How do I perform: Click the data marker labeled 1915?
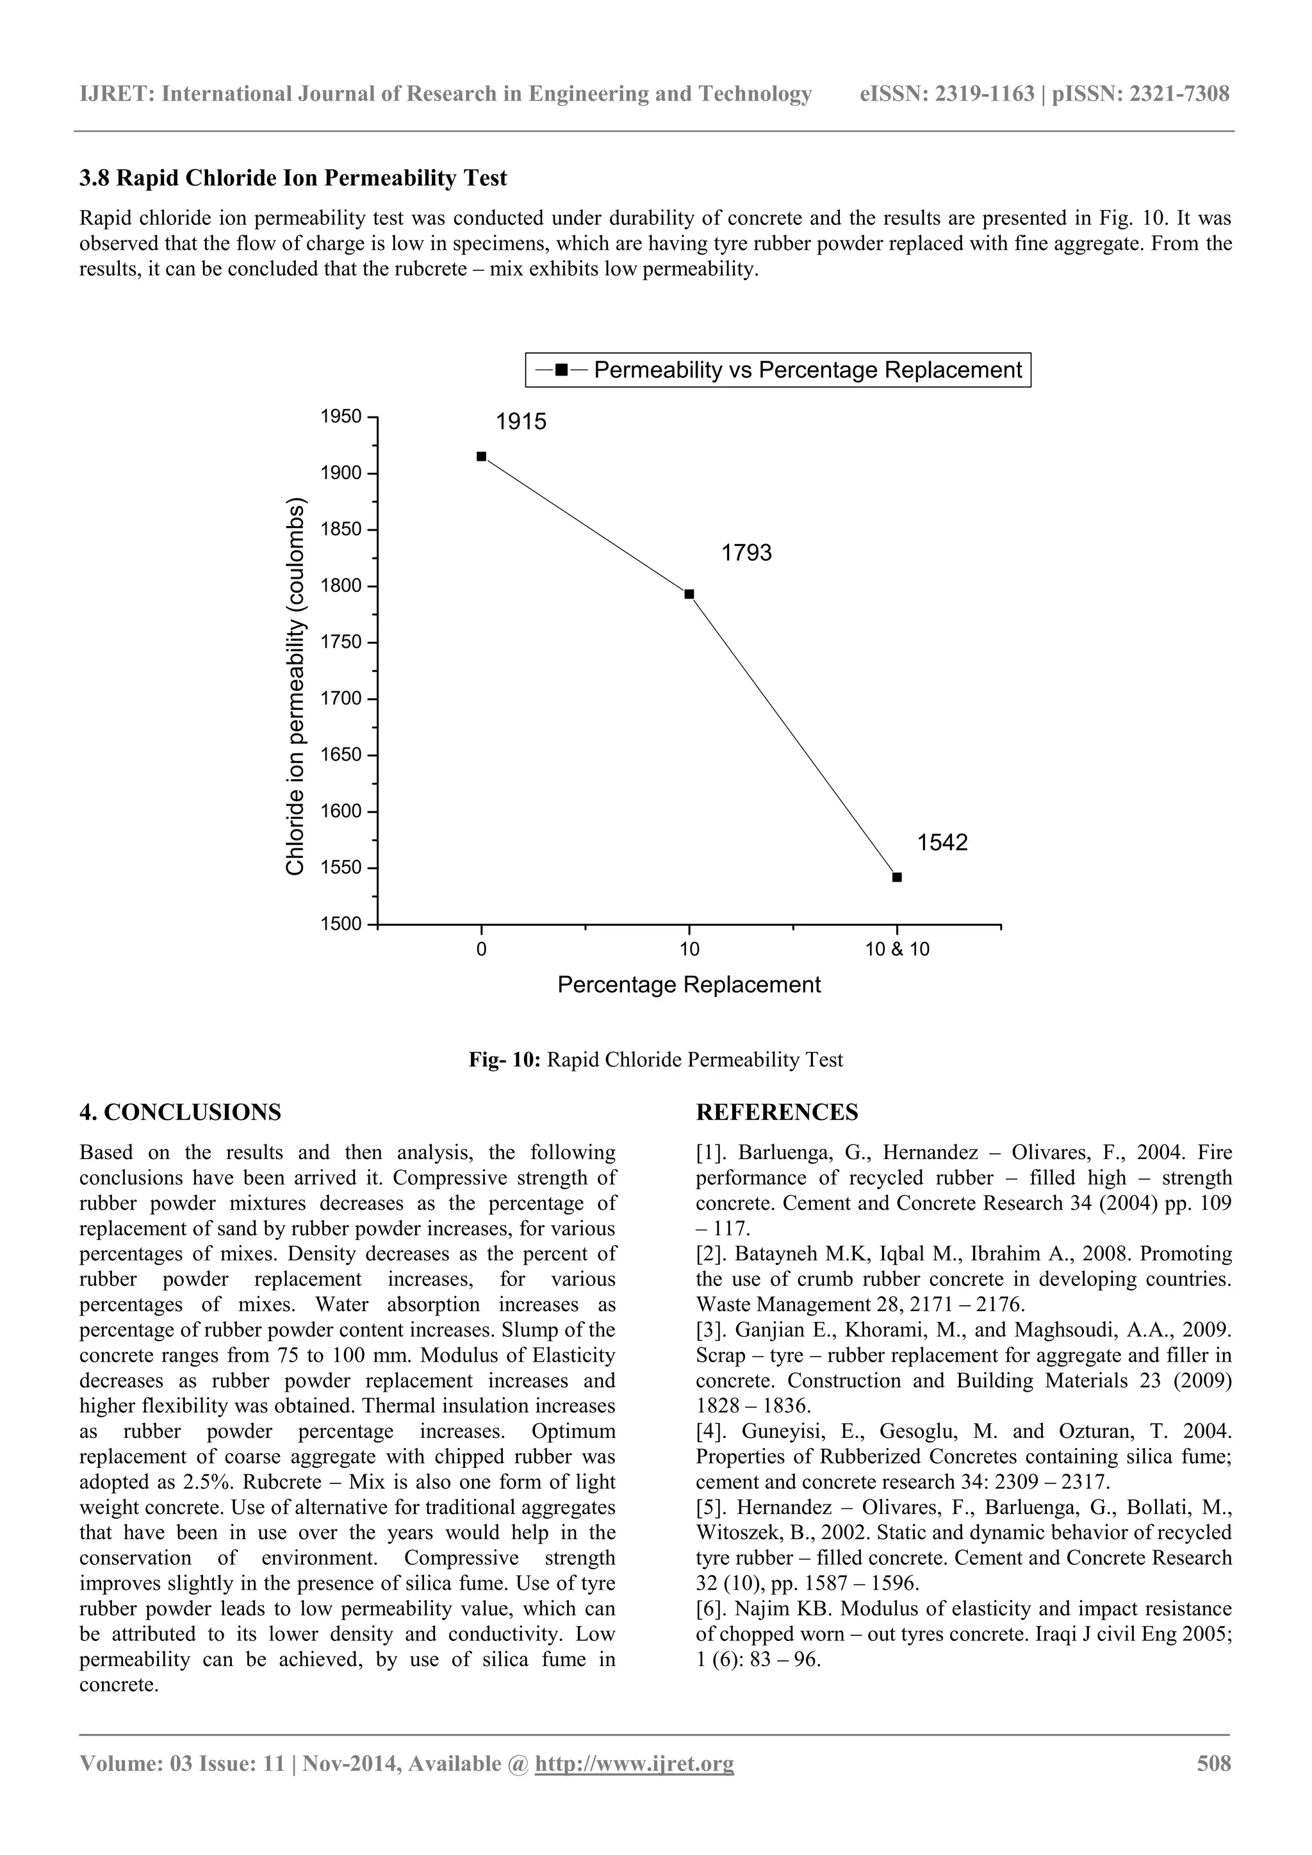point(482,456)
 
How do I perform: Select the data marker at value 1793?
point(689,594)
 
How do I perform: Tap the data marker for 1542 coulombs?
point(897,877)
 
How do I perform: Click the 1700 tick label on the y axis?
point(341,699)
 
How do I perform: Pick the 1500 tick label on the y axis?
point(341,924)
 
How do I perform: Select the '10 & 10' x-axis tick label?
point(897,950)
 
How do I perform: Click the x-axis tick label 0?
point(482,950)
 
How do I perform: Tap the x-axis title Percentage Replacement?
point(689,985)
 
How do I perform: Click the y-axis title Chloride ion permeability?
point(296,687)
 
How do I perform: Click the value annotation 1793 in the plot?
point(746,552)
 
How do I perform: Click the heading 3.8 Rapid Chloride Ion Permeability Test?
point(293,177)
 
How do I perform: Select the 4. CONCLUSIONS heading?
point(180,1112)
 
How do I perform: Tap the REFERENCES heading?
point(776,1112)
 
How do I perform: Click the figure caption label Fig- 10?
point(504,1060)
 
